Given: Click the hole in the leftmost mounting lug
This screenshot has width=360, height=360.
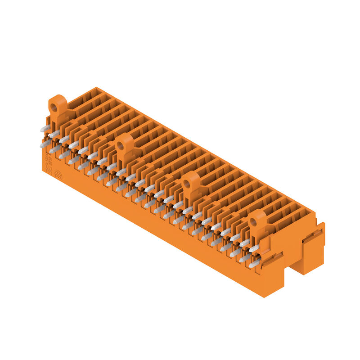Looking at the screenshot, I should (x=54, y=108).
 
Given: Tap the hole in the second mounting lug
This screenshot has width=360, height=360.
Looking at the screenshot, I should (x=121, y=146).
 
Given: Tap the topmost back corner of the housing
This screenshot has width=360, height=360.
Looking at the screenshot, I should (x=96, y=88).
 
